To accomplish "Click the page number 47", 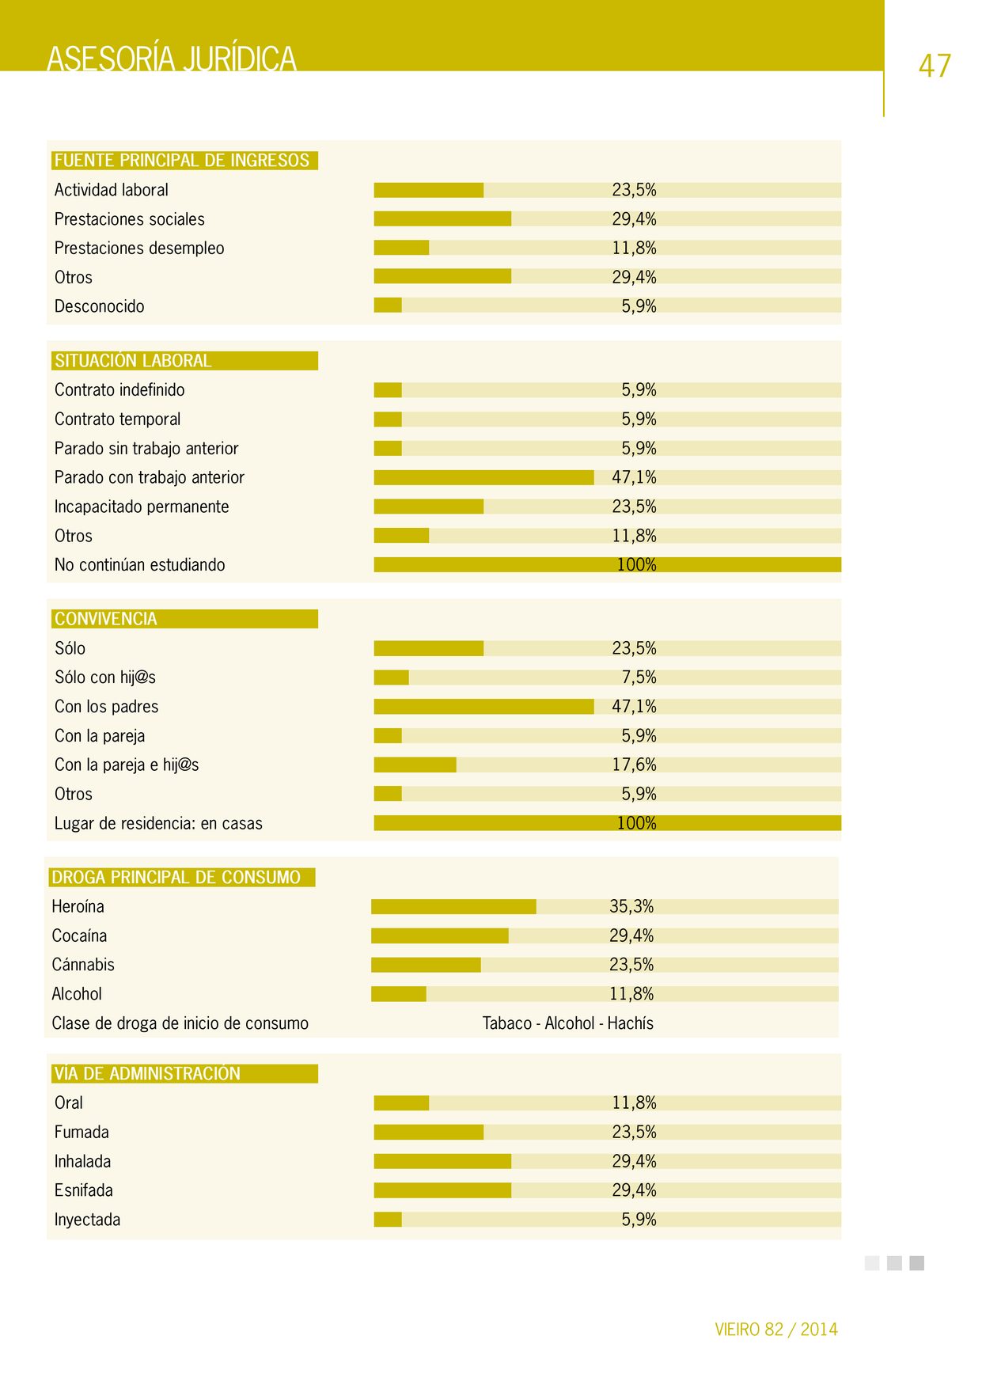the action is pos(935,65).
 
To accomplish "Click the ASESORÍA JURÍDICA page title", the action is pos(172,59).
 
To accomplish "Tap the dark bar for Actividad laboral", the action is pos(429,190).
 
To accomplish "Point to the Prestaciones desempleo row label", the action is pos(139,249).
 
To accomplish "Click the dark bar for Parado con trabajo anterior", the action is pos(483,477).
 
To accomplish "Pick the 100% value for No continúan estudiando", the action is pos(637,565).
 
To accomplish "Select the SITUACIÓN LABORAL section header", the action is pos(133,361).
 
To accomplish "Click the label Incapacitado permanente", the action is pos(142,507).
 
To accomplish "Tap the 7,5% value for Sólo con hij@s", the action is pos(639,677).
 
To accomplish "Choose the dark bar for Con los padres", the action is pos(483,707).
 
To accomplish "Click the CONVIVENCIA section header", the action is pos(106,619).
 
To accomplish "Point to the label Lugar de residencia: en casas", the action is pos(158,823).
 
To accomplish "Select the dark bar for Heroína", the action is pos(453,907).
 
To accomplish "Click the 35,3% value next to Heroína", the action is pos(631,907).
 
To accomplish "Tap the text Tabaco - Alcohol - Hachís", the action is pos(568,1023).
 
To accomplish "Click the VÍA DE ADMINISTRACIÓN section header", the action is pos(147,1074).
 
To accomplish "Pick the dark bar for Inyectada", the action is pos(388,1220).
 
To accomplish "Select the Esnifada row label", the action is pos(84,1190).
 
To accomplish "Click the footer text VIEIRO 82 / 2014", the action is pos(776,1330).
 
